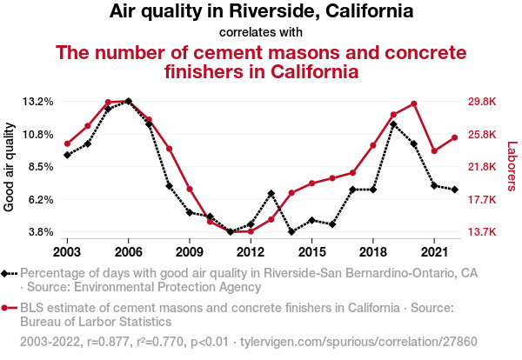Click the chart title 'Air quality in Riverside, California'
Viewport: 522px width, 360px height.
[x=261, y=12]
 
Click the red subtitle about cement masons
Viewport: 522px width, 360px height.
[x=261, y=62]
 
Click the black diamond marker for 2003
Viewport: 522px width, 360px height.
[x=67, y=155]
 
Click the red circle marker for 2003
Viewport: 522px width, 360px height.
[x=67, y=143]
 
